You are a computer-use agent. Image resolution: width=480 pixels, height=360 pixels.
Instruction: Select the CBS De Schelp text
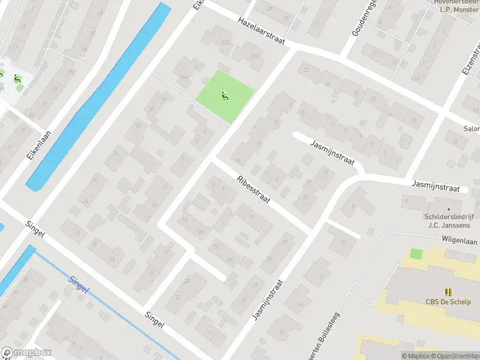tap(448, 301)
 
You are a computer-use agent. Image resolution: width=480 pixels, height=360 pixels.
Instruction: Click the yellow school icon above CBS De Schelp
tap(448, 292)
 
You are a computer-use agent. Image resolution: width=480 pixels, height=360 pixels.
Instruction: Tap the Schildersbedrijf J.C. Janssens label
tap(448, 221)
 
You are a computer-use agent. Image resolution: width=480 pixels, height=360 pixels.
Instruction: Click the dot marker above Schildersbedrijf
tap(448, 209)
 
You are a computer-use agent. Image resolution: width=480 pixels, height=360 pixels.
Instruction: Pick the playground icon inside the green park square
tap(225, 95)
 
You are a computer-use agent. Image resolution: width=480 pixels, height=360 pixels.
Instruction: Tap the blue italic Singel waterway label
tap(79, 284)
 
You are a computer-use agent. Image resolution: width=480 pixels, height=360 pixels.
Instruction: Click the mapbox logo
tap(26, 353)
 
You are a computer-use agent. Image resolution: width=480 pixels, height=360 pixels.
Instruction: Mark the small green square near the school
tap(416, 254)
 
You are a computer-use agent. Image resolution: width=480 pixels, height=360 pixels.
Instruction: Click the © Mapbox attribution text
tap(416, 356)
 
